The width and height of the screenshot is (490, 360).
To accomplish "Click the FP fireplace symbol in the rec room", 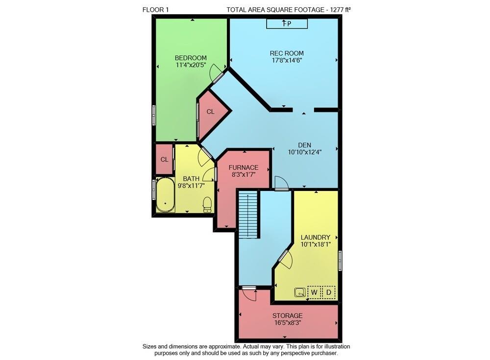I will [x=287, y=24].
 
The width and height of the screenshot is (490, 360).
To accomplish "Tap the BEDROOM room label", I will [x=191, y=58].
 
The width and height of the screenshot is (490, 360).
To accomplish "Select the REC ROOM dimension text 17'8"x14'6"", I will [x=287, y=61].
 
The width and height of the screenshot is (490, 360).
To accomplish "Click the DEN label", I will [x=305, y=145].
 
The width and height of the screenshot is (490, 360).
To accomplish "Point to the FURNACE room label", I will [x=244, y=168].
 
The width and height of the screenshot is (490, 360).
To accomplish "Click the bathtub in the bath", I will [x=165, y=195].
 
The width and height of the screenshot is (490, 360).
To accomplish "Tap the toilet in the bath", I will [x=207, y=204].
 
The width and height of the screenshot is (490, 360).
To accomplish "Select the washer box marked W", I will [x=314, y=293].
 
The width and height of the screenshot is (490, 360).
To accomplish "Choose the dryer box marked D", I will [x=329, y=293].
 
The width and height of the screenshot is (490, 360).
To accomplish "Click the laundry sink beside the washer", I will [x=299, y=293].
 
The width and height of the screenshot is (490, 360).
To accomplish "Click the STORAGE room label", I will [x=288, y=315].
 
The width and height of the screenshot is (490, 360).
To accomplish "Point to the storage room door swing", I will [x=249, y=294].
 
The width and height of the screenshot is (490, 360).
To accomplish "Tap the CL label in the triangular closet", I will [x=210, y=112].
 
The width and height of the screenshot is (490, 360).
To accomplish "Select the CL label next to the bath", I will [x=165, y=160].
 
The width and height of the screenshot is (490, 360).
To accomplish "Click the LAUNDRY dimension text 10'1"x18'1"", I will [x=316, y=244].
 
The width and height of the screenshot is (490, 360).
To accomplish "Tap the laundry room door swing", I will [x=285, y=260].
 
